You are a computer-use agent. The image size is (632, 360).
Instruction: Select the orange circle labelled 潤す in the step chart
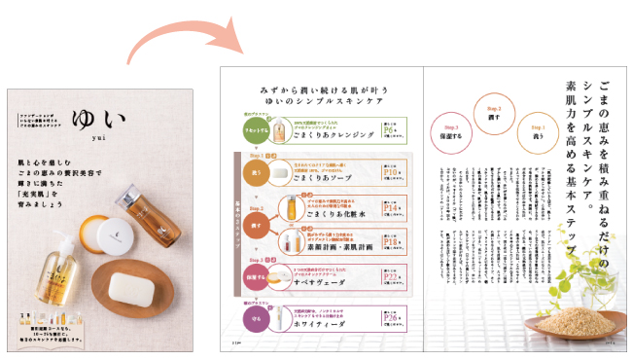click(x=255, y=225)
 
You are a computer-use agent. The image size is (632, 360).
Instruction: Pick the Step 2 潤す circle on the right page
click(x=493, y=114)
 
